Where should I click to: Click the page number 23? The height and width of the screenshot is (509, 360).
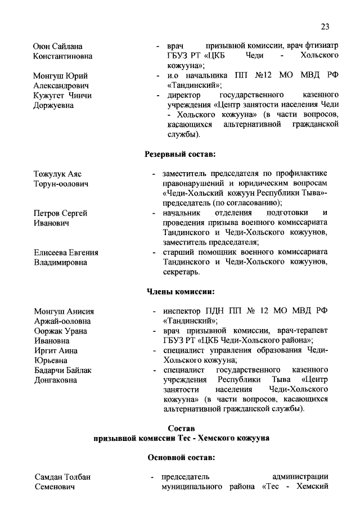pos(325,26)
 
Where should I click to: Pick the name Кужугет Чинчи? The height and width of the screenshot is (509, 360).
pos(62,96)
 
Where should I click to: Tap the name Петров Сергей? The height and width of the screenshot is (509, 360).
pos(60,213)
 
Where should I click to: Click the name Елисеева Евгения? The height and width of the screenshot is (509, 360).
pos(66,253)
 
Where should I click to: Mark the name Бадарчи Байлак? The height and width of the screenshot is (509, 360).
pos(62,370)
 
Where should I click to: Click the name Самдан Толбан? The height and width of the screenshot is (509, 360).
pos(62,478)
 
